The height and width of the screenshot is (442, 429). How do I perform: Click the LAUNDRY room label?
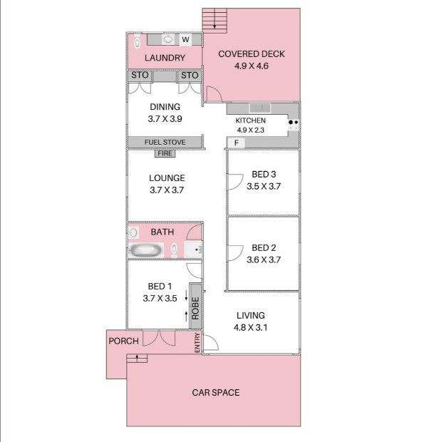click(x=165, y=58)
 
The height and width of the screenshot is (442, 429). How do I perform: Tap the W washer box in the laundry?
click(x=185, y=39)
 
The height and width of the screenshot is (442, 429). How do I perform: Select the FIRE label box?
click(x=165, y=153)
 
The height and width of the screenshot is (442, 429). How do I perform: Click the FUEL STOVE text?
click(x=165, y=142)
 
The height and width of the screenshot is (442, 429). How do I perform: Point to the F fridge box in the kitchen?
click(x=236, y=143)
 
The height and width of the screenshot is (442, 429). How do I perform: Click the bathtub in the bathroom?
click(x=146, y=250)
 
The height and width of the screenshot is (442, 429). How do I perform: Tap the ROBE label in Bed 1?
click(x=195, y=308)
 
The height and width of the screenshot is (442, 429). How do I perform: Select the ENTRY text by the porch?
click(x=197, y=342)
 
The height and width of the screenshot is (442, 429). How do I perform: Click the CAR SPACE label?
click(x=216, y=392)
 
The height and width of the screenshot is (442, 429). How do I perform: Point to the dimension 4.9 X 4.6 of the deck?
click(x=251, y=66)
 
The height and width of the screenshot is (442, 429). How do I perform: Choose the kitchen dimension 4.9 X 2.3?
click(x=250, y=130)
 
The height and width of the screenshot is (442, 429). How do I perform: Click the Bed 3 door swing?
click(x=235, y=182)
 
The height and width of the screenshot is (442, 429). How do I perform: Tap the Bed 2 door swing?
click(x=235, y=253)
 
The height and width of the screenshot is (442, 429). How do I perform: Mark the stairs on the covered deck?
click(x=214, y=21)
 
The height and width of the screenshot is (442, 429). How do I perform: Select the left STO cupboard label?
click(x=140, y=75)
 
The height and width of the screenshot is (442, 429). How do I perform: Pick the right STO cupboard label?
click(x=190, y=76)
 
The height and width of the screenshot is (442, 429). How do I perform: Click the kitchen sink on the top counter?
click(x=260, y=108)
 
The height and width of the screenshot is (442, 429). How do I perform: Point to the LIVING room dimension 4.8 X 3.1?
click(x=250, y=327)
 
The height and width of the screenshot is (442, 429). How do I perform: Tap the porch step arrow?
click(x=137, y=358)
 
